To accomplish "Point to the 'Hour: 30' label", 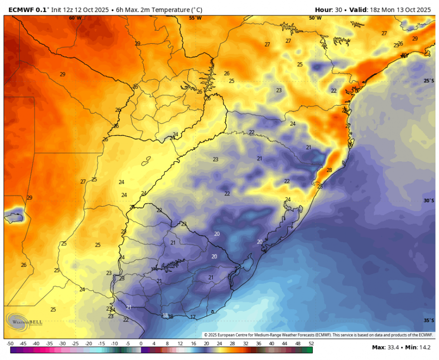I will tap(330, 9).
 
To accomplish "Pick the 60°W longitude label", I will tap(75, 18).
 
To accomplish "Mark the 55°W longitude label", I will tap(195, 18).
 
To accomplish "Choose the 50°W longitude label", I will tap(315, 18).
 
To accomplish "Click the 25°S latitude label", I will tap(428, 81).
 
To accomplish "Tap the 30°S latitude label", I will tap(428, 200).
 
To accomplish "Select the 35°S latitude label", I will tap(428, 320).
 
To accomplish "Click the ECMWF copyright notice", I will tap(318, 335).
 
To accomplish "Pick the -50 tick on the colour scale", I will tap(10, 344).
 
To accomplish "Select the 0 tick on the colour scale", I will tap(141, 344).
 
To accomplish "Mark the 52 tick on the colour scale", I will tap(311, 344).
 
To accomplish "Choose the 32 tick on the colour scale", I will tap(245, 344).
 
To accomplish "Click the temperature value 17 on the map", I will tap(193, 317).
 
